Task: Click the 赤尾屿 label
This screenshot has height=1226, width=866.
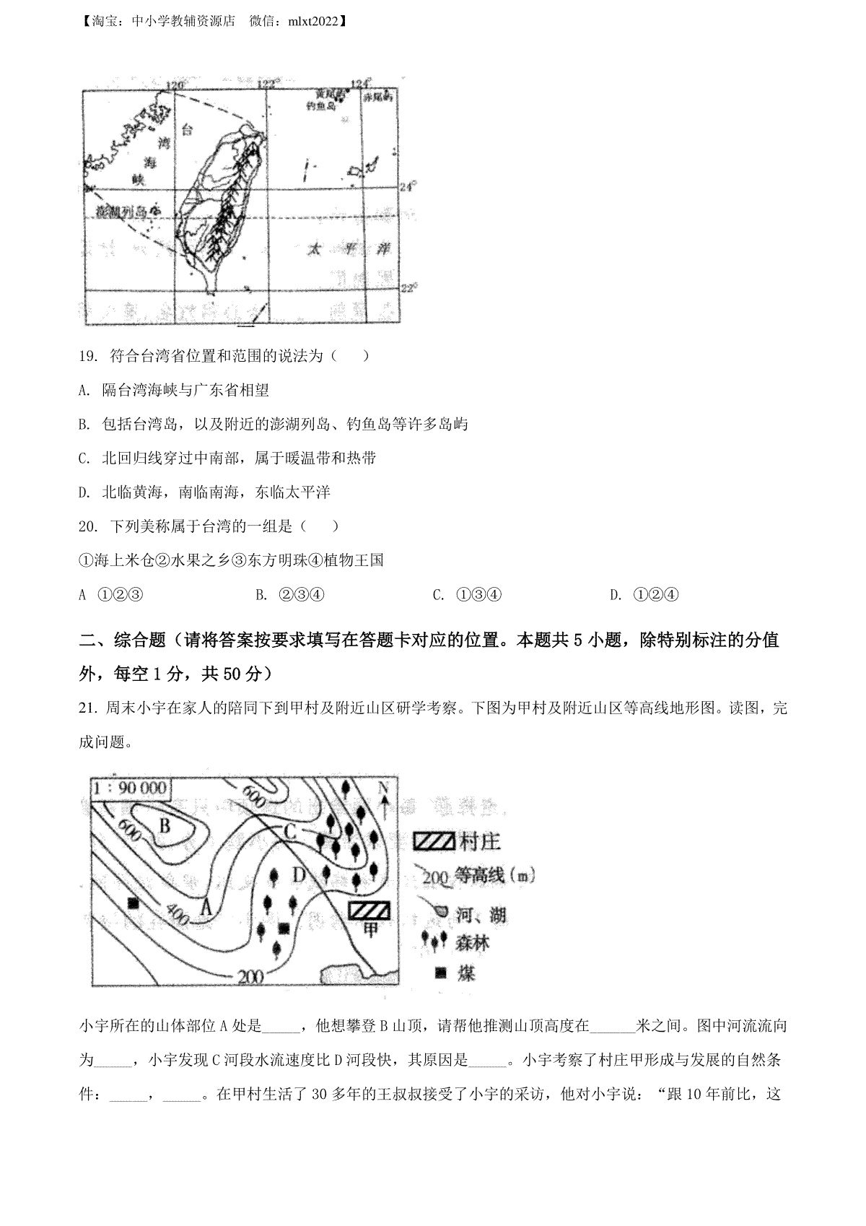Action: (378, 95)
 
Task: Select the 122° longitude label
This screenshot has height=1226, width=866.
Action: (268, 84)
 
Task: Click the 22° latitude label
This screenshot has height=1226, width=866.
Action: (408, 287)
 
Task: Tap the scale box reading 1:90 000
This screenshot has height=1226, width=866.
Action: (130, 788)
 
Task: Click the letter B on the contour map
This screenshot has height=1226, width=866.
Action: (165, 825)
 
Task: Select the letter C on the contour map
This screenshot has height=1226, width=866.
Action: (290, 831)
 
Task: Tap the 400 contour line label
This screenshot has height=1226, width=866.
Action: (177, 914)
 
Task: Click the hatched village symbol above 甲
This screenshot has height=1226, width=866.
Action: (369, 909)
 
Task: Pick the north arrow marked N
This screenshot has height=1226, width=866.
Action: (384, 798)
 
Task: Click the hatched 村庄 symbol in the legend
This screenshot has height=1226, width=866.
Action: (434, 841)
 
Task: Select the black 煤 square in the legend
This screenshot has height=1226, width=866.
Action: (439, 973)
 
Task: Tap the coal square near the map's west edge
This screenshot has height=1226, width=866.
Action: (133, 903)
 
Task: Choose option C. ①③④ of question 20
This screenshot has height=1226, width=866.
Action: (468, 595)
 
